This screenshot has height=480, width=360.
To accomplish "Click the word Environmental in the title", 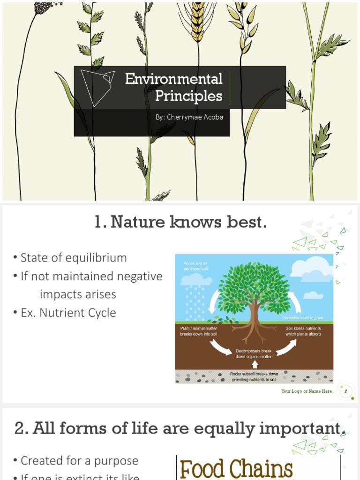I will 173,79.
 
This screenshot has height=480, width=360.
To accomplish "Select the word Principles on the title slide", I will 188,96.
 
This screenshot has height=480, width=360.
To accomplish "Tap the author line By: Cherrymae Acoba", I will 189,117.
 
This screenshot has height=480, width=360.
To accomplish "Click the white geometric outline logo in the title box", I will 97,87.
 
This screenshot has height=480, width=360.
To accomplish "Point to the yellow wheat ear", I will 198,21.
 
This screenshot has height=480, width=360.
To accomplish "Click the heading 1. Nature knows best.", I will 180,222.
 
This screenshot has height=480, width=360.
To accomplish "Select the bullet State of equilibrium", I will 74,258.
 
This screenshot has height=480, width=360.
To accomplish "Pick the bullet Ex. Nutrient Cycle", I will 68,313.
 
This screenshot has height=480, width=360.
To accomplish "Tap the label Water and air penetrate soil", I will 196,266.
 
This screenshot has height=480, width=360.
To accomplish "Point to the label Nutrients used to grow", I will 303,318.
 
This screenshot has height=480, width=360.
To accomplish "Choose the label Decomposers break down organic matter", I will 254,354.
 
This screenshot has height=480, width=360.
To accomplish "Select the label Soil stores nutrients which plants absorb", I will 303,331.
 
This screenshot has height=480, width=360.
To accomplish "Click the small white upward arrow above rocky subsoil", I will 255,364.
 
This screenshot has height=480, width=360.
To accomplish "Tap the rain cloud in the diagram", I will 196,280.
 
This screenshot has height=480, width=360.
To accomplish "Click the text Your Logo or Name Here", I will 306,391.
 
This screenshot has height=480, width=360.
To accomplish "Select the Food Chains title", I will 236,469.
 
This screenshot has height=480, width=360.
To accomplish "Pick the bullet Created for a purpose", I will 79,461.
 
